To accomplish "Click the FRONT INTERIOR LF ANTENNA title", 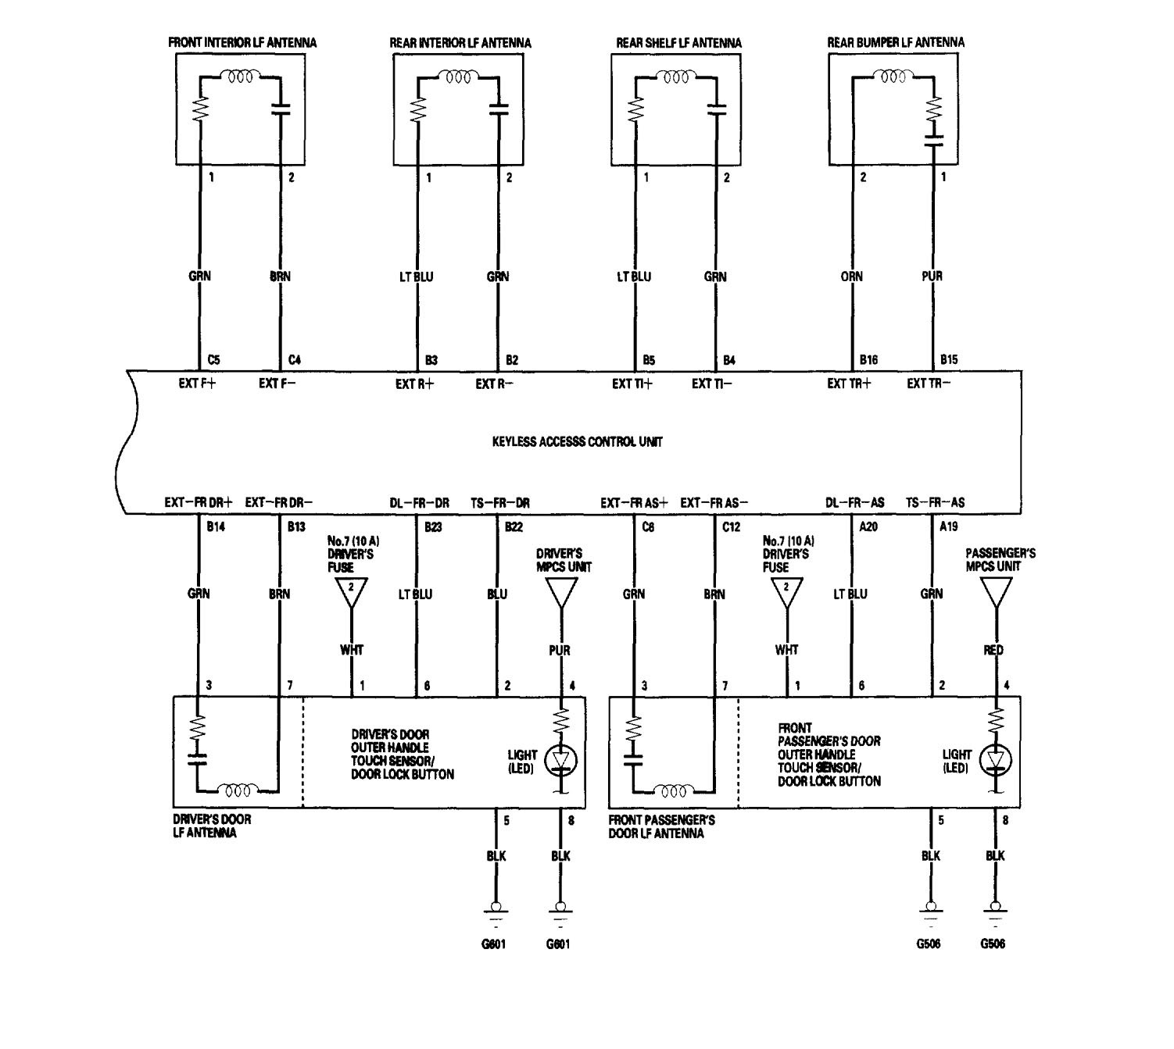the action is pos(242,42).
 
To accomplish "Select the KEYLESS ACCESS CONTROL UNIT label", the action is pos(577,442).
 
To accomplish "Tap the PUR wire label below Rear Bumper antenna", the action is pos(932,277).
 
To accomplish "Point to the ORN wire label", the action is pos(851,277).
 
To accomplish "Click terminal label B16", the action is pos(868,360).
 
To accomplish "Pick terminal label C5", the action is pos(214,360).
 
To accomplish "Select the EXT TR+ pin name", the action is pos(849,384).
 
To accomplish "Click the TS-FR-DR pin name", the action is pos(500,503).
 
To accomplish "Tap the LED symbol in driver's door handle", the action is pos(561,760).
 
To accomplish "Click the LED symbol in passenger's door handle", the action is pos(996,760).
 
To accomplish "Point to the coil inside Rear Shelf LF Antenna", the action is pos(675,77).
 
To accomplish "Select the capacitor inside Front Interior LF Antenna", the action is pos(281,109).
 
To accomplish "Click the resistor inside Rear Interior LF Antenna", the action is pos(417,109).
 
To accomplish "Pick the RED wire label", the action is pos(993,650).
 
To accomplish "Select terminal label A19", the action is pos(949,526).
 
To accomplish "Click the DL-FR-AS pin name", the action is pos(855,502).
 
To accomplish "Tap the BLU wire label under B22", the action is pos(497,594).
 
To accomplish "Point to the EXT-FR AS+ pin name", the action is pos(634,503).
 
